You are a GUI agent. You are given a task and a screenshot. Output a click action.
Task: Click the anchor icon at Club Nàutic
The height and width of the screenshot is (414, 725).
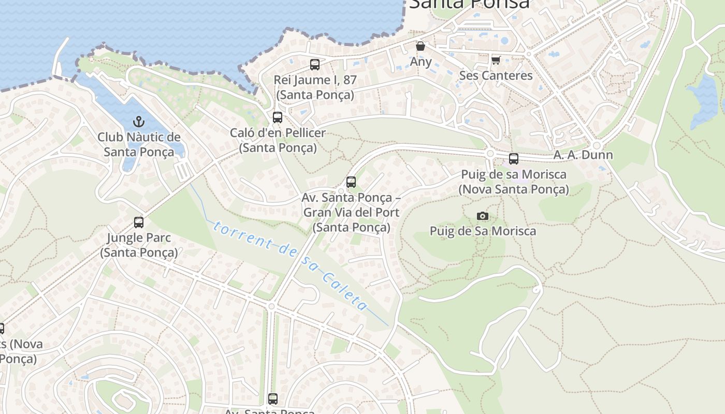138,122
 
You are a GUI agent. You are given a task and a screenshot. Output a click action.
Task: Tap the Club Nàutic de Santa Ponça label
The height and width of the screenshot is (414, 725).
139,144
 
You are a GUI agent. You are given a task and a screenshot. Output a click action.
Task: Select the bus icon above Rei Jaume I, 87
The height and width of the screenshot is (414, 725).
315,65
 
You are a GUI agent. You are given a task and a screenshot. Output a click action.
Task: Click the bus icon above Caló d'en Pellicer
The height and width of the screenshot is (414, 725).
278,117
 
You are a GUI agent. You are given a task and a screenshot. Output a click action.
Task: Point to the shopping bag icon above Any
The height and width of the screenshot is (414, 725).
421,46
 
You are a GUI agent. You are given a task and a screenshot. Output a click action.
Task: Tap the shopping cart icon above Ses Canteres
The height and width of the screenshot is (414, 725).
496,61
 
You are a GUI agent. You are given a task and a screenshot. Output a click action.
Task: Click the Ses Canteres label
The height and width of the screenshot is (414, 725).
496,76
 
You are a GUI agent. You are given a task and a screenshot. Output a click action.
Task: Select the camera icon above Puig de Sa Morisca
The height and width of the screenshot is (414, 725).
483,216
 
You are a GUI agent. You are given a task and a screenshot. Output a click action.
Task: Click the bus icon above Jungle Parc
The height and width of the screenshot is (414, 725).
139,223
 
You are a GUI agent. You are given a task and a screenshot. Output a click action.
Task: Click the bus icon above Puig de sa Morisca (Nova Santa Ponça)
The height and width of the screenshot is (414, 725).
514,159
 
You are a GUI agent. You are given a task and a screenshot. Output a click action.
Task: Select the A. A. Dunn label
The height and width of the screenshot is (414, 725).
583,155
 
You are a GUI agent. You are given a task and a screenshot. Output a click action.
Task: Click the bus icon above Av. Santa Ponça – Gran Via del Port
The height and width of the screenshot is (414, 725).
351,182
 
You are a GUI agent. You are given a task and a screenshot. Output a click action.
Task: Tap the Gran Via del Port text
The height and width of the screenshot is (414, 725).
351,213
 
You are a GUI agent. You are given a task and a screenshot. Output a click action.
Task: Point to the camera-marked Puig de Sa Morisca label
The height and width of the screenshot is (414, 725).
483,231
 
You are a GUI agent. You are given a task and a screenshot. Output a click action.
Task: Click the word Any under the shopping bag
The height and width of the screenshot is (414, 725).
421,62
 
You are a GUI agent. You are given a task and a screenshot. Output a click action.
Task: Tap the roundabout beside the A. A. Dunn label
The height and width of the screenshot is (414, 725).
597,146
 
